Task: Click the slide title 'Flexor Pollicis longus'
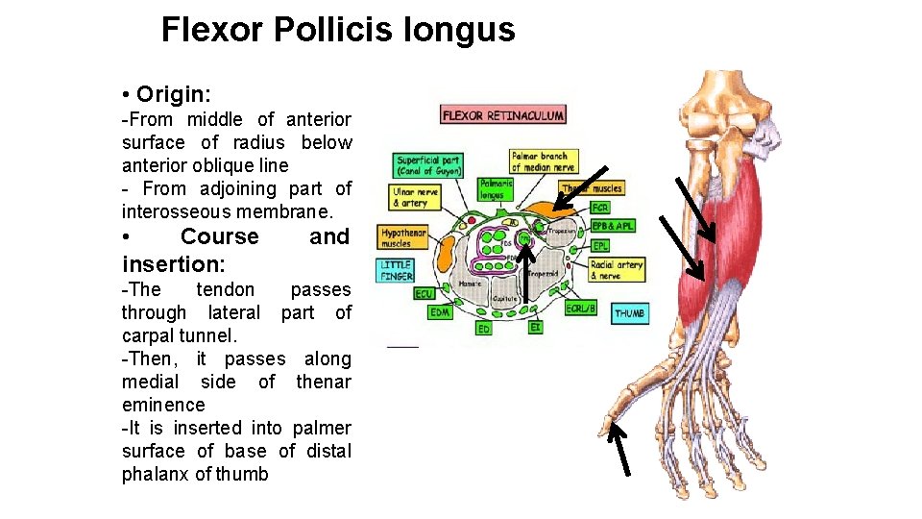click(338, 30)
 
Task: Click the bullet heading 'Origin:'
click(174, 94)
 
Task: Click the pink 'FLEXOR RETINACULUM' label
click(502, 115)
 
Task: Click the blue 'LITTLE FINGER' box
click(397, 270)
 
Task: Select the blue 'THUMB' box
click(629, 313)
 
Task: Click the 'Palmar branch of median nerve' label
click(541, 161)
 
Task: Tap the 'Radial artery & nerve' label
click(616, 270)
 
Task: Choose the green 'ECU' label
click(424, 293)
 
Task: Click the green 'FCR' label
click(600, 208)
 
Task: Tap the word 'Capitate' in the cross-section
click(506, 299)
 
